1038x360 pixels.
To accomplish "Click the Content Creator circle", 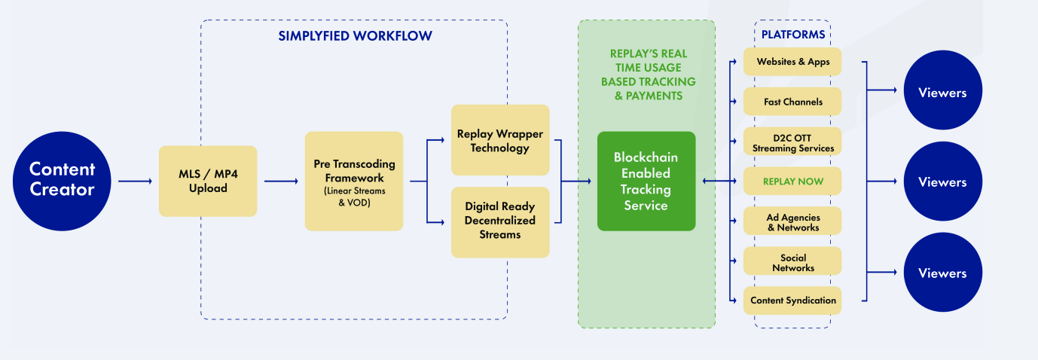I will tap(62, 181).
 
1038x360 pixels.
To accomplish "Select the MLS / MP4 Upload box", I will tap(208, 181).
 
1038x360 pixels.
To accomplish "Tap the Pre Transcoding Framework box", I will tap(354, 181).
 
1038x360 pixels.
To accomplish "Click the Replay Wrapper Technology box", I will tap(500, 141).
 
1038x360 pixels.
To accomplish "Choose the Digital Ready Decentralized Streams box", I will tap(500, 220).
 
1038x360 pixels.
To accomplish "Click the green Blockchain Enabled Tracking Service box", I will tap(646, 181).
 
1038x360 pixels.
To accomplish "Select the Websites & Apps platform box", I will tap(792, 62).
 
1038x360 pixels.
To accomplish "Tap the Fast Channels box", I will tap(792, 102).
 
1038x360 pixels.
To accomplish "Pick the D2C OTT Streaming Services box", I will tap(792, 142).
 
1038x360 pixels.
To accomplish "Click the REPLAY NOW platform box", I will tap(792, 182).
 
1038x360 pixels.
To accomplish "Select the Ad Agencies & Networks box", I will tap(792, 221).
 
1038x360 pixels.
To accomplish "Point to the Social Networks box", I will tap(792, 261).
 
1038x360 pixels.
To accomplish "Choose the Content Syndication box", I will tap(792, 301).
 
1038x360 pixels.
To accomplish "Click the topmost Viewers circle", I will tap(942, 92).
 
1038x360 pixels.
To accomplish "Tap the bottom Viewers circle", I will tap(942, 273).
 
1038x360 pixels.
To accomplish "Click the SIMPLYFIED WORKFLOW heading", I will tap(355, 36).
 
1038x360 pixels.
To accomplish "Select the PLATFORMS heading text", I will tap(792, 35).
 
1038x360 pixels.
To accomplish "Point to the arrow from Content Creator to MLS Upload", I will tap(135, 181).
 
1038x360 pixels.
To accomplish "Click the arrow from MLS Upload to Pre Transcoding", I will tap(281, 181).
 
